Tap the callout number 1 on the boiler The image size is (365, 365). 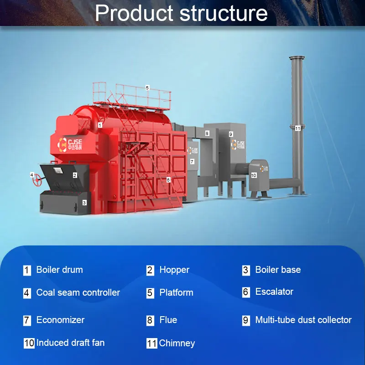tap(100, 124)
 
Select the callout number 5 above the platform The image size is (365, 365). tap(147, 88)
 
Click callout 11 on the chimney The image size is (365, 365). tap(297, 128)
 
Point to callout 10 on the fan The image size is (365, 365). tap(254, 175)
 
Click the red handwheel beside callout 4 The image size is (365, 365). tap(37, 181)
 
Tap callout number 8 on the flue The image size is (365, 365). tap(207, 133)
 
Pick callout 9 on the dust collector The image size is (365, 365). tap(231, 134)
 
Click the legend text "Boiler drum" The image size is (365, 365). tap(60, 270)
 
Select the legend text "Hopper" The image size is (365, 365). tap(174, 270)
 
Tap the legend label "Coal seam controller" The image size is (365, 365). tap(78, 292)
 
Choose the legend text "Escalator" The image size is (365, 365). tap(274, 292)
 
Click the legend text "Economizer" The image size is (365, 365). tap(60, 320)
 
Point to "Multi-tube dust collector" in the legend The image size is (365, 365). tap(303, 320)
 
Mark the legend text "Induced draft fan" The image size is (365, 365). tap(70, 342)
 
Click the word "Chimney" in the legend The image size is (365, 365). tap(177, 343)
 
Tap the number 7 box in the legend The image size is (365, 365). tap(27, 320)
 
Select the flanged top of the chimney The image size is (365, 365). tap(297, 58)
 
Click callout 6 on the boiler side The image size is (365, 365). tap(168, 180)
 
